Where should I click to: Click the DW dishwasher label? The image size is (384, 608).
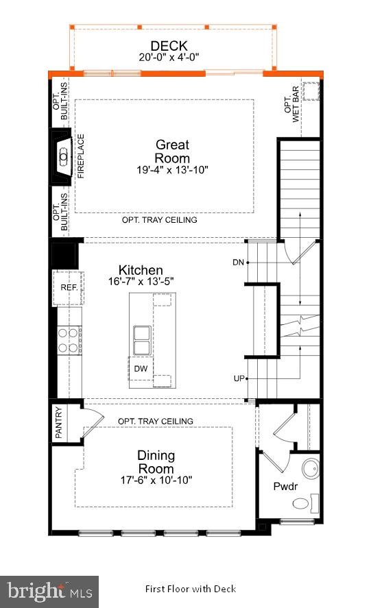[x=140, y=368]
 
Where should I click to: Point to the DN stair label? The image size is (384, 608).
[x=238, y=262]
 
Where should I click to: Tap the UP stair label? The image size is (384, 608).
[x=238, y=378]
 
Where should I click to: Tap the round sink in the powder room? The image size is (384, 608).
[x=310, y=471]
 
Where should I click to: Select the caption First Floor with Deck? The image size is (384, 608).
[x=190, y=589]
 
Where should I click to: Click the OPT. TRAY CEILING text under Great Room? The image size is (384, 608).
[x=159, y=220]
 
